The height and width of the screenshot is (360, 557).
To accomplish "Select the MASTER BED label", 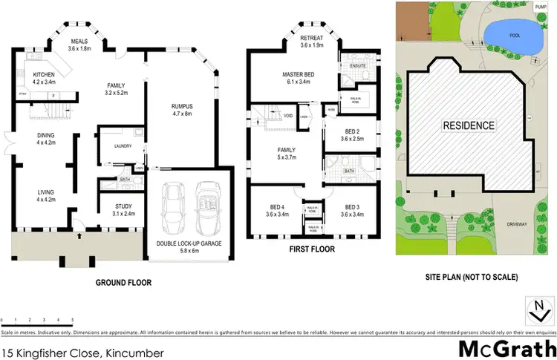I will (299, 75).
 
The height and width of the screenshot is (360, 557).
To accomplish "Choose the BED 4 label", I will (279, 209).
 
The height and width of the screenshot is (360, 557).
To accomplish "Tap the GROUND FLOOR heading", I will (124, 282).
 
